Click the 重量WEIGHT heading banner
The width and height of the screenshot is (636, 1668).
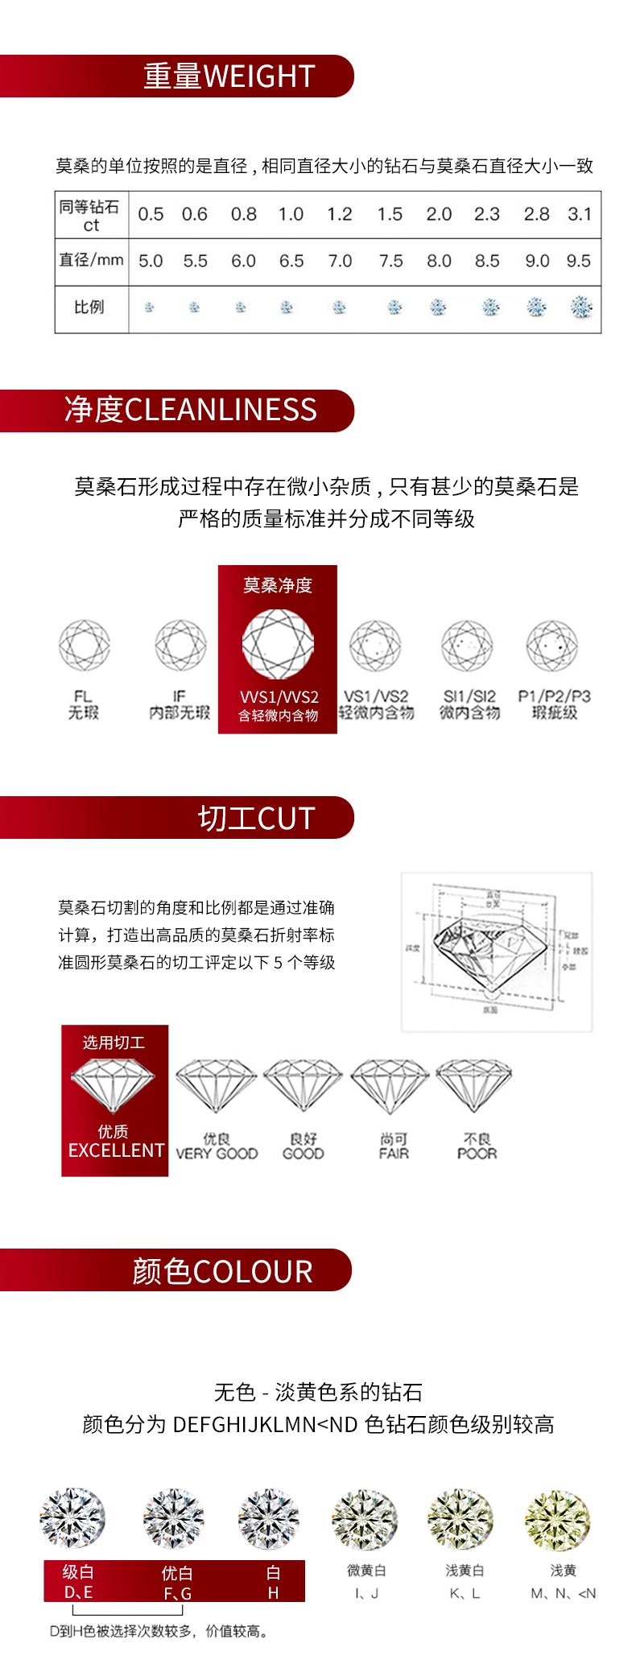pyautogui.click(x=229, y=76)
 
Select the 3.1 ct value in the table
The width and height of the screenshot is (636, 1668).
pyautogui.click(x=580, y=214)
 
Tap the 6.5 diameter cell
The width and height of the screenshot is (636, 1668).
pyautogui.click(x=291, y=261)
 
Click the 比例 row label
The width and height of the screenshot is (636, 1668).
pyautogui.click(x=89, y=307)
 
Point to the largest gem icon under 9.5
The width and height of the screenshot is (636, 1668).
pyautogui.click(x=580, y=307)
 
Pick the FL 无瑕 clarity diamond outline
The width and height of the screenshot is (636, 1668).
pyautogui.click(x=84, y=645)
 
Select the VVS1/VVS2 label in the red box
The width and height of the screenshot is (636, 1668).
pyautogui.click(x=279, y=697)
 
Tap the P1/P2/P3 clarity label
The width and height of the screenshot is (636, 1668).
pyautogui.click(x=554, y=696)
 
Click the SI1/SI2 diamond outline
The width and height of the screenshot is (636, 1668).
pyautogui.click(x=467, y=645)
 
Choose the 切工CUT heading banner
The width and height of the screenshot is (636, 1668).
pyautogui.click(x=256, y=818)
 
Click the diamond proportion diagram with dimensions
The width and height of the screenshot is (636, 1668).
pyautogui.click(x=496, y=952)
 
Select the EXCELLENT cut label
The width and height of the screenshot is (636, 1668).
pyautogui.click(x=116, y=1150)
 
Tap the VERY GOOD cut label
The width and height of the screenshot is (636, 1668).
pyautogui.click(x=217, y=1154)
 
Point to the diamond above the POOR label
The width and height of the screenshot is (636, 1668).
pyautogui.click(x=473, y=1084)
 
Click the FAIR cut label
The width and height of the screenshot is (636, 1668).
pyautogui.click(x=394, y=1154)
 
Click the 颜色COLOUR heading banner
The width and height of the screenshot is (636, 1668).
pyautogui.click(x=222, y=1271)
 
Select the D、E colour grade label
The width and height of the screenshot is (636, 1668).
pyautogui.click(x=78, y=1592)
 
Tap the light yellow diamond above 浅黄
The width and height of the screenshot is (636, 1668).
pyautogui.click(x=557, y=1518)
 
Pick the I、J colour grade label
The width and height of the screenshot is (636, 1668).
pyautogui.click(x=366, y=1593)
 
